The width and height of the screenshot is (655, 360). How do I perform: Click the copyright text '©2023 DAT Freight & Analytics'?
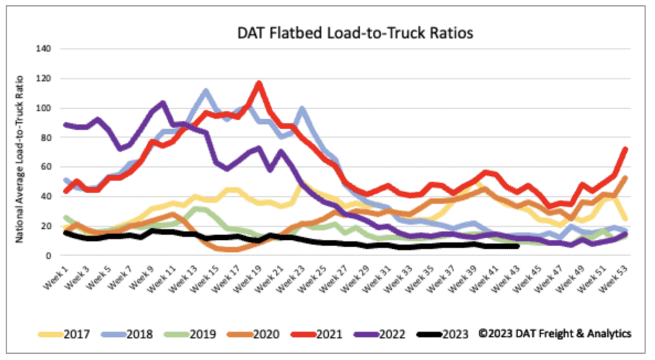point(555,334)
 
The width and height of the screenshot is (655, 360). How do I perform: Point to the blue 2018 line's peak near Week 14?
point(205,91)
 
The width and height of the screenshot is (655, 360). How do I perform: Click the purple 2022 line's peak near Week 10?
point(163,102)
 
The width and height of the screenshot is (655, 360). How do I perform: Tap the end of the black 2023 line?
point(517,246)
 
